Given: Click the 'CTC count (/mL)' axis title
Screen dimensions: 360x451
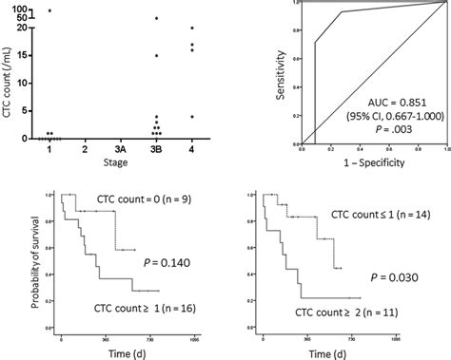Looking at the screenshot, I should click(8, 72).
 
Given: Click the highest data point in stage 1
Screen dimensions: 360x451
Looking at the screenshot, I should click(49, 10).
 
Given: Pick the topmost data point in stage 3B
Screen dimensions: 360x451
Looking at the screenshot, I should click(157, 19).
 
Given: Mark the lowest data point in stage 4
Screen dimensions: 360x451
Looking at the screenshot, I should click(193, 117).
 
